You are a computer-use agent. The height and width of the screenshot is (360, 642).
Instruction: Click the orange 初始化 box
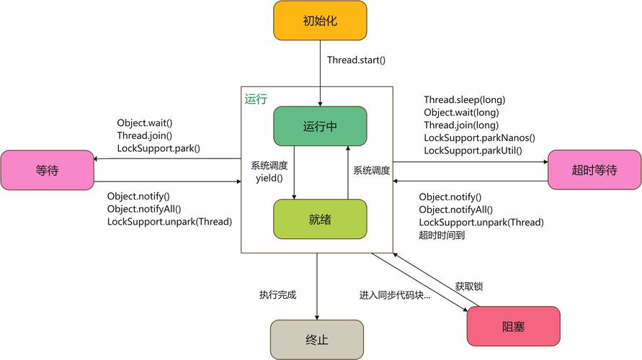(320, 20)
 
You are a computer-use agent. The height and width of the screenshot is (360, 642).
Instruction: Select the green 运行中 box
(320, 126)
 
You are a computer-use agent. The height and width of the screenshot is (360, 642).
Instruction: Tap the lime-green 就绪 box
(320, 219)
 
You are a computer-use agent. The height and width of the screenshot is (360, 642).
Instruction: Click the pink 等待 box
(48, 170)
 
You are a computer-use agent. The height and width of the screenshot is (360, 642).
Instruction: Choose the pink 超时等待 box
(594, 170)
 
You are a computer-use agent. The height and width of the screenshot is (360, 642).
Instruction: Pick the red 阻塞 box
(513, 326)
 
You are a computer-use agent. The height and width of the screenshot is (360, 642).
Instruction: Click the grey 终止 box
(317, 339)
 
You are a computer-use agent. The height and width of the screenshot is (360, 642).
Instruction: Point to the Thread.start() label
(356, 60)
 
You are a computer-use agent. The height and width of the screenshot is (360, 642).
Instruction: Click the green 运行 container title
(256, 99)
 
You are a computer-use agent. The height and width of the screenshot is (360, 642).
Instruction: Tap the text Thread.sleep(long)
(464, 99)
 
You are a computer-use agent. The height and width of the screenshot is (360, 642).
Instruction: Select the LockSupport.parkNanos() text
(479, 138)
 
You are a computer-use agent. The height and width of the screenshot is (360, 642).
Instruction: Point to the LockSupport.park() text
(159, 148)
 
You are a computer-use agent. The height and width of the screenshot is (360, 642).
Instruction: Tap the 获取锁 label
(469, 286)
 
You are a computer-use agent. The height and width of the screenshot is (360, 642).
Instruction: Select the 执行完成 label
(277, 294)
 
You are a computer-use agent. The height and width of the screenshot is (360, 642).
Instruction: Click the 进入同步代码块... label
(395, 294)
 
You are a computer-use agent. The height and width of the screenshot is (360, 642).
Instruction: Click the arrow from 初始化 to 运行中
(320, 72)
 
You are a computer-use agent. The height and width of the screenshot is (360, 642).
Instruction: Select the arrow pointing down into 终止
(316, 288)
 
